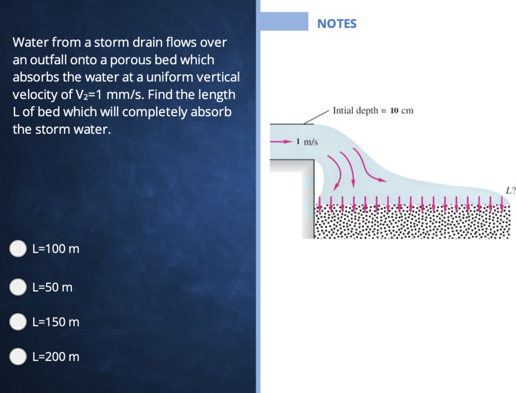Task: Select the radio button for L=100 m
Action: [19, 248]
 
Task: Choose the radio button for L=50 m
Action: [19, 287]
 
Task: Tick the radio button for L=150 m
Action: [19, 321]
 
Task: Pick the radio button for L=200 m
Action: [19, 356]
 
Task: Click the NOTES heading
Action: [337, 23]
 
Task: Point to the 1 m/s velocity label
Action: [307, 142]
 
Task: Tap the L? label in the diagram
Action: [510, 190]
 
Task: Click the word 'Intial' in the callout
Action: [344, 110]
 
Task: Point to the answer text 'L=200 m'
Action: [55, 357]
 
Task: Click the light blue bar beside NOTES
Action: [284, 22]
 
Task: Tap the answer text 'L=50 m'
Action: [52, 288]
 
